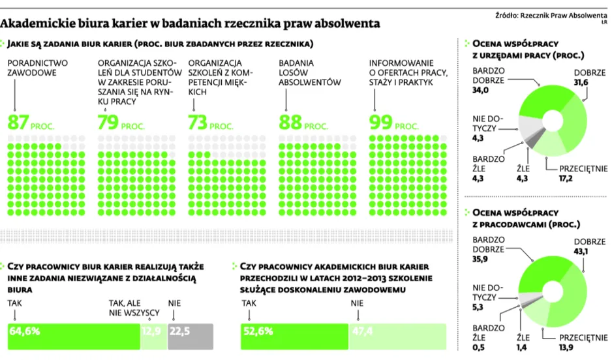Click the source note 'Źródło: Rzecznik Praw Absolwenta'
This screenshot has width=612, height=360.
pyautogui.click(x=551, y=16)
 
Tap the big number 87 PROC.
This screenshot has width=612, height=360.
pyautogui.click(x=31, y=123)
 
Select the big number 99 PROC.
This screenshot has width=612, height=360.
pyautogui.click(x=394, y=123)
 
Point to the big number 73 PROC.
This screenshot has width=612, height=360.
pyautogui.click(x=211, y=123)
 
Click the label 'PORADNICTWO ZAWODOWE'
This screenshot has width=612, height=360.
pyautogui.click(x=37, y=68)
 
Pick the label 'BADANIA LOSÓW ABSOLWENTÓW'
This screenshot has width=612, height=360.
pyautogui.click(x=310, y=72)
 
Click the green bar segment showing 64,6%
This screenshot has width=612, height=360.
pyautogui.click(x=74, y=337)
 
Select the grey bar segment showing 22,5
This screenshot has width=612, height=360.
pyautogui.click(x=191, y=337)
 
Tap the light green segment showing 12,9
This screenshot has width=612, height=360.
pyautogui.click(x=154, y=337)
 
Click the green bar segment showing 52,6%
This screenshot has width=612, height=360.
pyautogui.click(x=294, y=337)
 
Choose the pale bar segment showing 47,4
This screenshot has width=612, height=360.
pyautogui.click(x=397, y=337)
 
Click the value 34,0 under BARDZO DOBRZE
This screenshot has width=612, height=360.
pyautogui.click(x=480, y=90)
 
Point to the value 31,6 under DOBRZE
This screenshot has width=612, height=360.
pyautogui.click(x=581, y=82)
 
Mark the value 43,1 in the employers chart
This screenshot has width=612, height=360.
pyautogui.click(x=581, y=251)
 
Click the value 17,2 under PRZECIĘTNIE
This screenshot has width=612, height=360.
pyautogui.click(x=566, y=178)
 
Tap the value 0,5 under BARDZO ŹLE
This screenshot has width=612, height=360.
pyautogui.click(x=478, y=347)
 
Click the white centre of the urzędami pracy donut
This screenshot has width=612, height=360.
pyautogui.click(x=553, y=120)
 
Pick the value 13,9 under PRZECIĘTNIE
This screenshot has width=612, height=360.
pyautogui.click(x=566, y=347)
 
